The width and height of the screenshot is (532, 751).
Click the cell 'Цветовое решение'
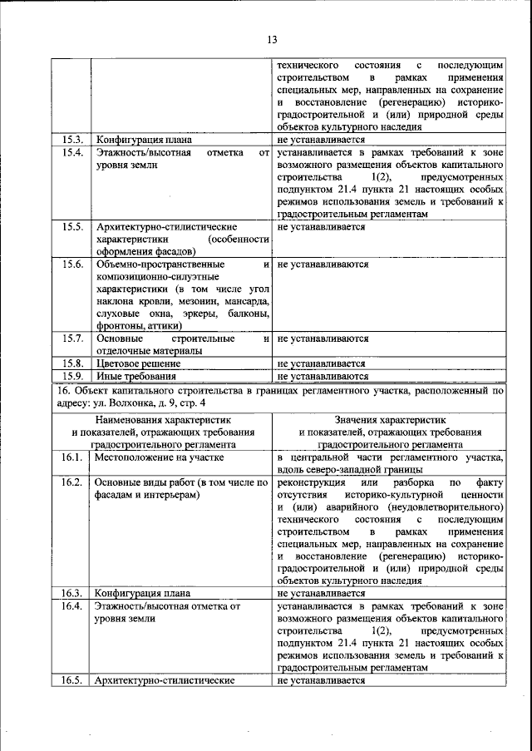click(139, 363)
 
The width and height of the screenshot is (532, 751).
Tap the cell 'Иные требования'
click(135, 377)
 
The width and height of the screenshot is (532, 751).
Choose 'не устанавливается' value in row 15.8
click(322, 363)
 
